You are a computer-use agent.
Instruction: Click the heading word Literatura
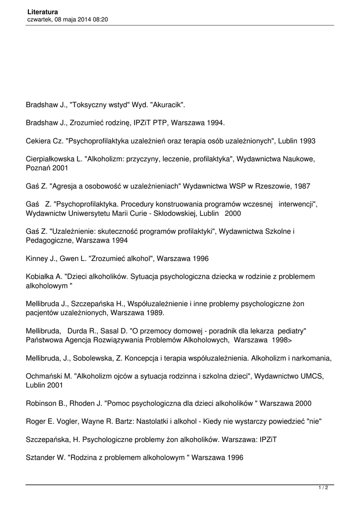pos(42,11)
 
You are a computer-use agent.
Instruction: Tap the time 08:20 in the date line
pos(99,19)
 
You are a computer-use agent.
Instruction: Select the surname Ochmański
pos(45,377)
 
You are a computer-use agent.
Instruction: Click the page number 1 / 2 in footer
pos(323,488)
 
